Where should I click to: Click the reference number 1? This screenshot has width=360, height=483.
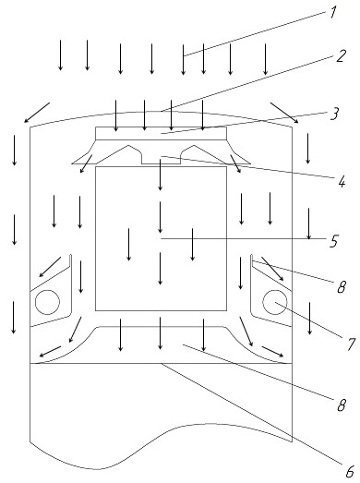333,13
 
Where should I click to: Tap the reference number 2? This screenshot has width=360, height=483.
342,56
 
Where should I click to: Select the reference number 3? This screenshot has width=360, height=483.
334,114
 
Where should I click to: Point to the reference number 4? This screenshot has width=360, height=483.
342,182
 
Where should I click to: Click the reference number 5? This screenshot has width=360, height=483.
334,241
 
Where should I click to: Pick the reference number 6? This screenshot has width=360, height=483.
350,471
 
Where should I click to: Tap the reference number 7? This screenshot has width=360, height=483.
351,344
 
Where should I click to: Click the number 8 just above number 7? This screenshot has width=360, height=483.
342,287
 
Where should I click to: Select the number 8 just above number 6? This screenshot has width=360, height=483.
342,405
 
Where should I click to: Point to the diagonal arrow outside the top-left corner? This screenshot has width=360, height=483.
37,113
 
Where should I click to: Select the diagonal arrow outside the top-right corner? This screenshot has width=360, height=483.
284,113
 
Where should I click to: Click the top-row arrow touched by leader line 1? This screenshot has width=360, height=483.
184,60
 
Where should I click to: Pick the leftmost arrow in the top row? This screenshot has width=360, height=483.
61,55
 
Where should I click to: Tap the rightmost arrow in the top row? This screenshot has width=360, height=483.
266,59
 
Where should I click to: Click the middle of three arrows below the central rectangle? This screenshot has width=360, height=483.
160,333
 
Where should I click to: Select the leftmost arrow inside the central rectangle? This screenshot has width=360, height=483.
128,245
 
